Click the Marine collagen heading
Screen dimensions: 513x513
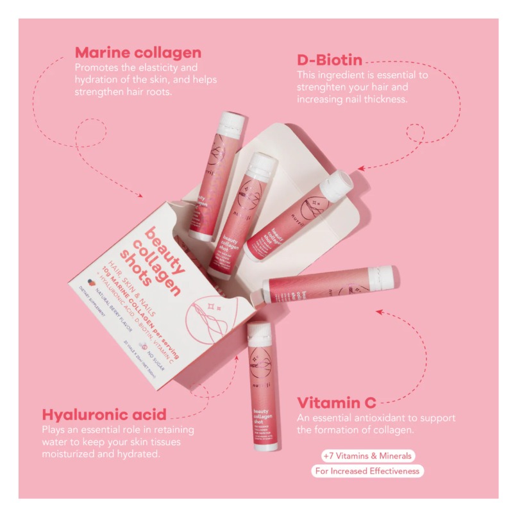click(x=138, y=53)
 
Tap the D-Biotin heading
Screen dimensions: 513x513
click(x=329, y=61)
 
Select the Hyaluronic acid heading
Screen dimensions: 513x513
click(x=104, y=414)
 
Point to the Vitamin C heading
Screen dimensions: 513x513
click(x=336, y=403)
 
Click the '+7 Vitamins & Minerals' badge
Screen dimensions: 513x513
click(x=368, y=456)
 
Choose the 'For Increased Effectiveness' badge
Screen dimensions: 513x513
click(x=367, y=471)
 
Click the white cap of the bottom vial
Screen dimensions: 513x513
click(x=258, y=332)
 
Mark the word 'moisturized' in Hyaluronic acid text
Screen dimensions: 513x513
click(x=70, y=454)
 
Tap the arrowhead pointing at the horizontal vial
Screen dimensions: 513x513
click(x=378, y=312)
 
